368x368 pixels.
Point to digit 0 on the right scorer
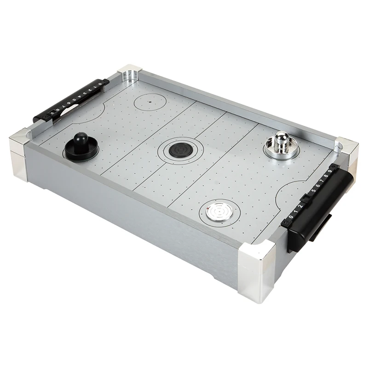290,217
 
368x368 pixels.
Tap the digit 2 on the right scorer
300,206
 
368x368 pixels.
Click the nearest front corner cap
255,271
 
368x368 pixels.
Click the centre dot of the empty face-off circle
149,101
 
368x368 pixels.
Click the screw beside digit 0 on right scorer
286,222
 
